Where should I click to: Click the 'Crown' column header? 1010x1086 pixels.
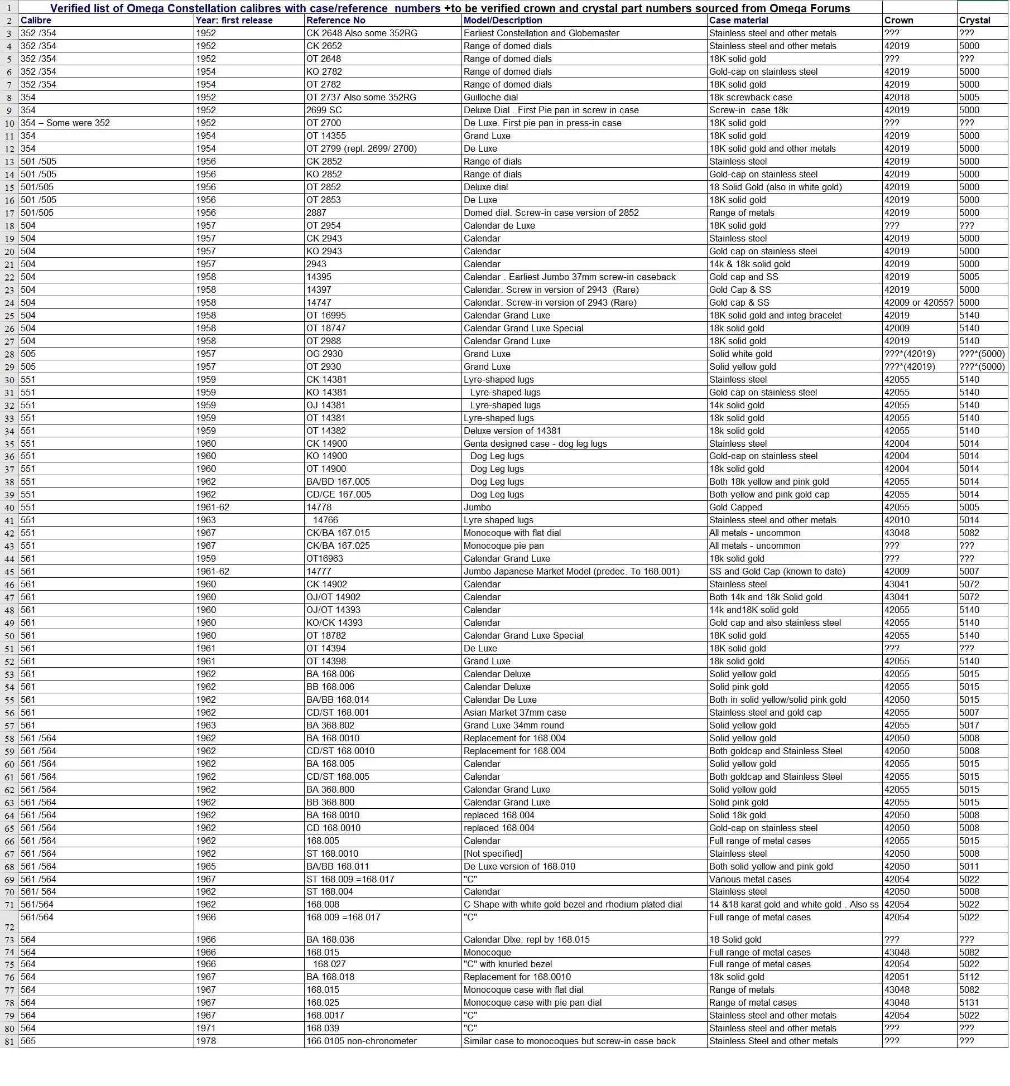(x=898, y=20)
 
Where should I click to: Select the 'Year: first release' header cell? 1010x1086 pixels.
(x=234, y=20)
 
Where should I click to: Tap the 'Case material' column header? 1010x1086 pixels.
(x=738, y=20)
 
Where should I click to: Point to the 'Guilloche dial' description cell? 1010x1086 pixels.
(x=490, y=97)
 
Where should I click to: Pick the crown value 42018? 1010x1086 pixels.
(x=897, y=97)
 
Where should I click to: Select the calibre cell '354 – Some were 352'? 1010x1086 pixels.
(x=65, y=123)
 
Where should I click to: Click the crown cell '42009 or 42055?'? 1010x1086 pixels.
(x=918, y=302)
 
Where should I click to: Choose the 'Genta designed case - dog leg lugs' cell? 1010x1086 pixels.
(x=535, y=443)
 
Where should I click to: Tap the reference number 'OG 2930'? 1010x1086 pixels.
(x=324, y=354)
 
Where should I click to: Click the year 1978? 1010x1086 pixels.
(x=206, y=1041)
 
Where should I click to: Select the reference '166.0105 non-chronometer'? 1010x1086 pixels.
(x=361, y=1041)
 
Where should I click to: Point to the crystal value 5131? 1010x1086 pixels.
(x=969, y=1002)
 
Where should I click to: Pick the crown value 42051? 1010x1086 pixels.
(x=897, y=977)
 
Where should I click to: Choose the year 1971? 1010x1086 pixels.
(x=206, y=1028)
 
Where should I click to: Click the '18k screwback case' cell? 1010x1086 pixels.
(x=751, y=97)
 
